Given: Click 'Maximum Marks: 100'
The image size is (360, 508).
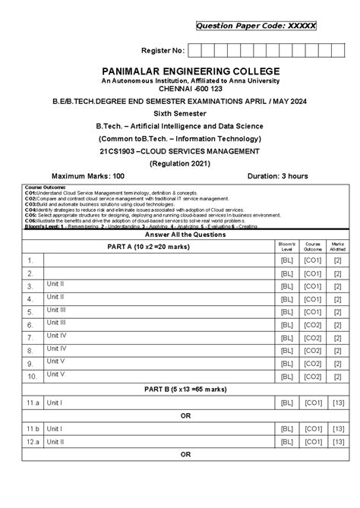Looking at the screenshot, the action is pos(82,176).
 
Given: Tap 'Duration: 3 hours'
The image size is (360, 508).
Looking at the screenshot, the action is pos(278,176).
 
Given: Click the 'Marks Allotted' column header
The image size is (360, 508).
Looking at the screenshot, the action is pos(338,247).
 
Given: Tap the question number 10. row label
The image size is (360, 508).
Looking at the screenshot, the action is pos(33,376).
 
